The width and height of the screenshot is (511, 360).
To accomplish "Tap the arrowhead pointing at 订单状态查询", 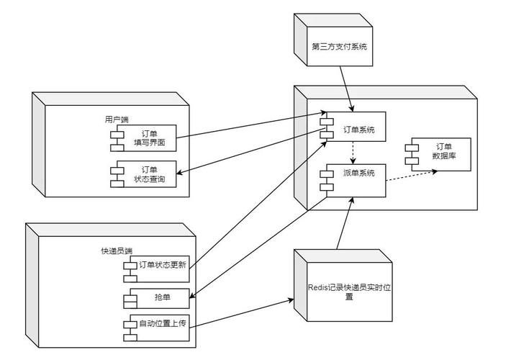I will (181, 171).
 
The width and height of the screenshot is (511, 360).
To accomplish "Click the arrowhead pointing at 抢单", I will (194, 292).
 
